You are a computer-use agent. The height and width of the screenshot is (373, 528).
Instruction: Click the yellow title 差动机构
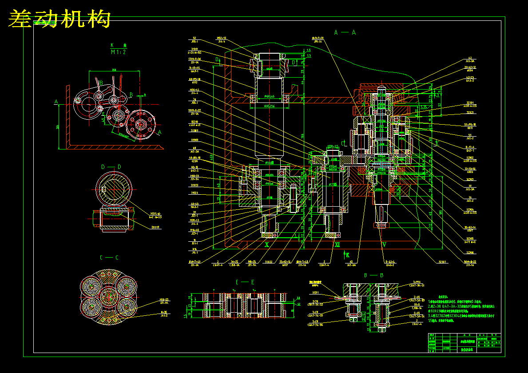click(x=59, y=19)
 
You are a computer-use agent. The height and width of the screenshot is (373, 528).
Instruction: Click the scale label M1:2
click(x=118, y=52)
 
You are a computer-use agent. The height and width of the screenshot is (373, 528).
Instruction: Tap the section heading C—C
click(x=109, y=257)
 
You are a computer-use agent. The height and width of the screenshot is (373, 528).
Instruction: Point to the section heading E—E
click(x=245, y=282)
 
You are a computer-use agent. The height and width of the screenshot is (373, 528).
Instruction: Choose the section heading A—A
click(x=345, y=32)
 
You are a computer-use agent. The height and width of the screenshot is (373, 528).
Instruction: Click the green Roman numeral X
click(x=267, y=244)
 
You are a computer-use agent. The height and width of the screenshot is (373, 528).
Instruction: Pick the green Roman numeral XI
click(x=337, y=244)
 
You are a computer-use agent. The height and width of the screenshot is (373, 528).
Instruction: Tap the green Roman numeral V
click(x=384, y=244)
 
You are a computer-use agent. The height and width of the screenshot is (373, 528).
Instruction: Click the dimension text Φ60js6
click(x=270, y=96)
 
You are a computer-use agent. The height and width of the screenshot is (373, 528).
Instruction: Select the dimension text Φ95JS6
click(x=270, y=106)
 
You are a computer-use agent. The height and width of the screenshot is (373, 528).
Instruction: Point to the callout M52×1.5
click(x=222, y=38)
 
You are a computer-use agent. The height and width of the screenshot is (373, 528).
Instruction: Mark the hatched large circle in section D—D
click(x=113, y=189)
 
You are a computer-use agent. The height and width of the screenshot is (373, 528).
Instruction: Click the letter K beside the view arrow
click(x=348, y=255)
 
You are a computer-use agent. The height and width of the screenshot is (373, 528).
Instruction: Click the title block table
click(x=464, y=343)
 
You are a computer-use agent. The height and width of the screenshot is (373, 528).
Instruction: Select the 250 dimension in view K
click(x=114, y=70)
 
